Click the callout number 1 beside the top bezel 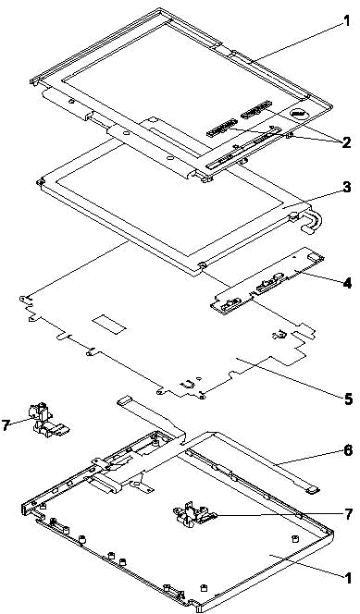click(x=345, y=20)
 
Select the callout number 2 click(x=345, y=142)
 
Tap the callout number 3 click(x=346, y=187)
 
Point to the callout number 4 click(x=347, y=283)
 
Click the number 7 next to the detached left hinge click(x=6, y=424)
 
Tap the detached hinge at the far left click(x=46, y=422)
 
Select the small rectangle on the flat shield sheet click(x=109, y=325)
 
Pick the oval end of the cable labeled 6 click(x=312, y=488)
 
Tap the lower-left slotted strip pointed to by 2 click(x=222, y=128)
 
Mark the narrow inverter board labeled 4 click(x=268, y=280)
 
